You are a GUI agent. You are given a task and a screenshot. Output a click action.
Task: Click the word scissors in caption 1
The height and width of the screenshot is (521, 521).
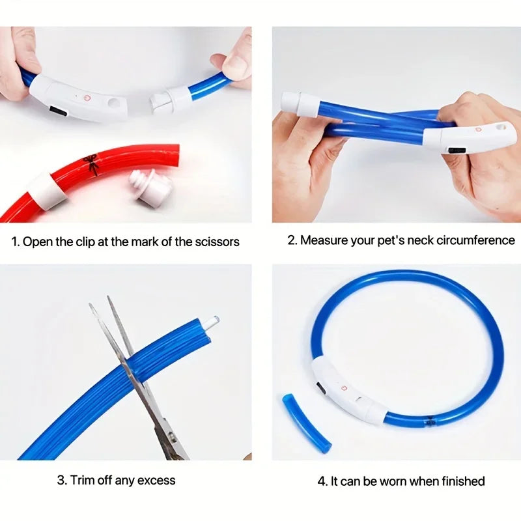pyautogui.click(x=217, y=242)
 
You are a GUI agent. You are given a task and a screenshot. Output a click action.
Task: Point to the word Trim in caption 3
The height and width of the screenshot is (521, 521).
pyautogui.click(x=82, y=481)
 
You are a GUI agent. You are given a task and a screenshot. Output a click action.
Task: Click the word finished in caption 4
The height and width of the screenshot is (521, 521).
pyautogui.click(x=460, y=481)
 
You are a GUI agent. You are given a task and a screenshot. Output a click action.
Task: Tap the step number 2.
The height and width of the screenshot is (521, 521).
pyautogui.click(x=292, y=240)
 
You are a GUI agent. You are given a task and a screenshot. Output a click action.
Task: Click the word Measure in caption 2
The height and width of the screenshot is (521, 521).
pyautogui.click(x=325, y=240)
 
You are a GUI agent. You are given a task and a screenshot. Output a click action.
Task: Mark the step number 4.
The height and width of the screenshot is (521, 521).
pyautogui.click(x=322, y=481)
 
